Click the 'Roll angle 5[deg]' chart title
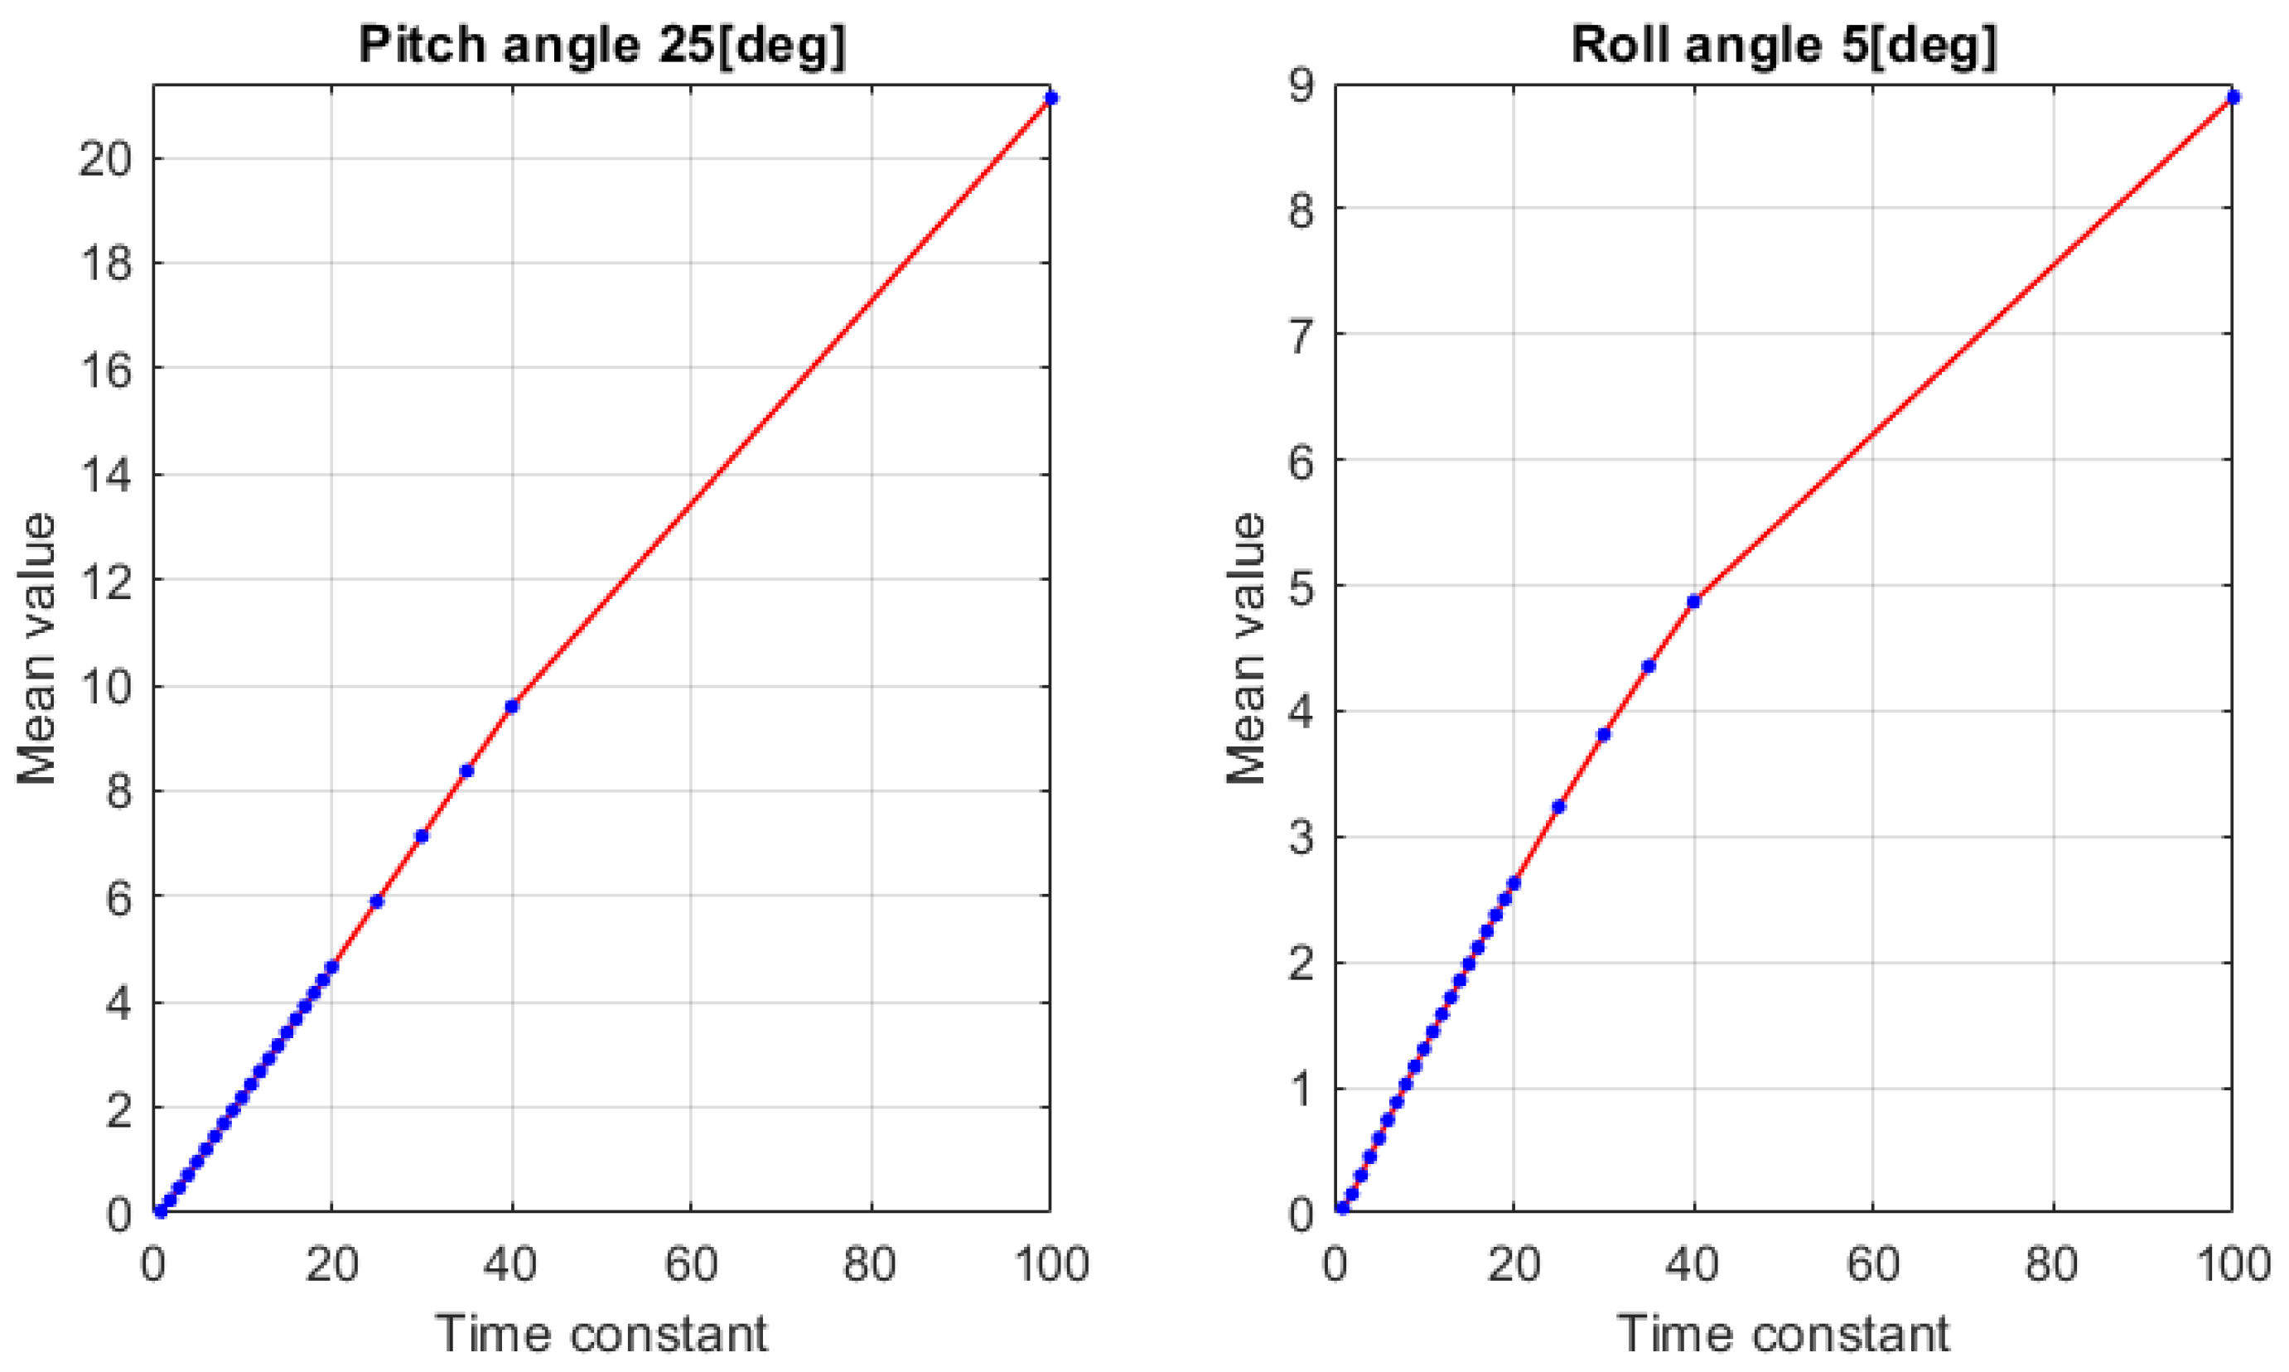(x=1784, y=45)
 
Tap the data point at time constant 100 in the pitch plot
(x=1050, y=98)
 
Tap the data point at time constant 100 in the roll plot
(x=2233, y=97)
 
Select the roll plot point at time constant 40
(x=1693, y=601)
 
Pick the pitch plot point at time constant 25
(x=376, y=901)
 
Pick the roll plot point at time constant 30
(x=1604, y=734)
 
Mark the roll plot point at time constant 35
(x=1649, y=665)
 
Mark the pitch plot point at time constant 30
(x=422, y=836)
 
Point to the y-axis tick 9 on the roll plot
(x=1301, y=85)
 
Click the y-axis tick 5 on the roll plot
(x=1301, y=586)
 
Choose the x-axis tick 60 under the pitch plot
(x=691, y=1263)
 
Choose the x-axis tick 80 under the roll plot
(x=2052, y=1263)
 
